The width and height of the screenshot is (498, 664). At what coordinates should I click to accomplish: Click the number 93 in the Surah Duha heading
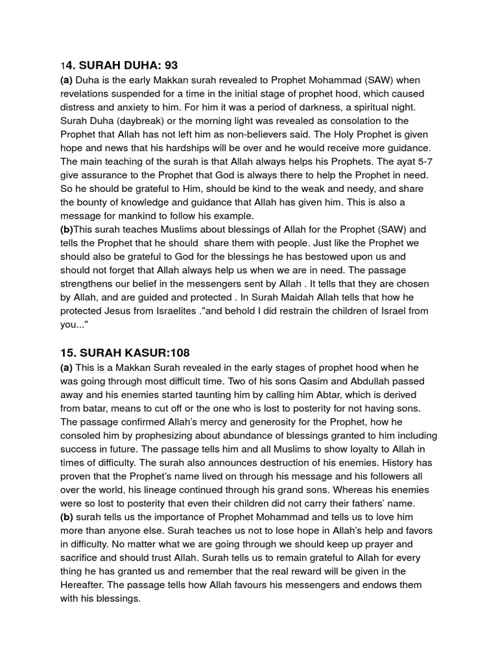(x=169, y=65)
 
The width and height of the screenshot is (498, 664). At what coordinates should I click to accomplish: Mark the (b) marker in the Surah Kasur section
(x=67, y=517)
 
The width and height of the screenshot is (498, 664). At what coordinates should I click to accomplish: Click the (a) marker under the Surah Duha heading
(x=67, y=80)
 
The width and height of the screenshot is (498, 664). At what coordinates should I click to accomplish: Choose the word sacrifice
(x=81, y=558)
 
